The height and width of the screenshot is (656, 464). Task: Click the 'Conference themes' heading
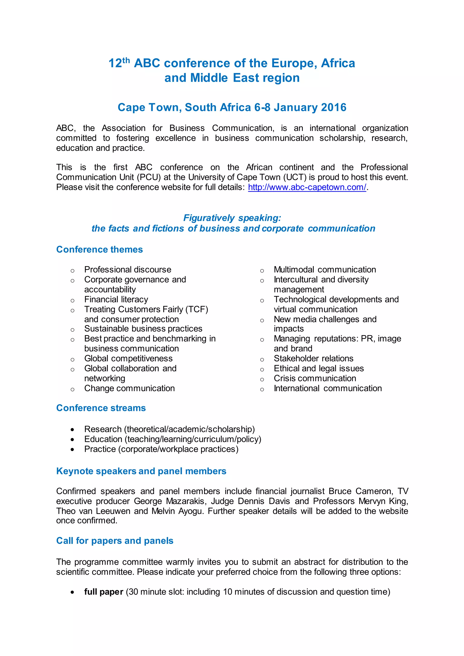point(99,249)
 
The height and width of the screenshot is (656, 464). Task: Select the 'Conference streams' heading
point(101,408)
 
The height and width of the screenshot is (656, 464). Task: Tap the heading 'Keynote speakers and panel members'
point(141,471)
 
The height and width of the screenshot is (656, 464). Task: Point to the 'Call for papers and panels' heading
point(115,540)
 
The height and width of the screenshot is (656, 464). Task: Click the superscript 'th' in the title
point(126,60)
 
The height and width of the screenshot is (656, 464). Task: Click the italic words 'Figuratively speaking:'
point(232,218)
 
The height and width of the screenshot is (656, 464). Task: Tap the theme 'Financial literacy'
point(116,299)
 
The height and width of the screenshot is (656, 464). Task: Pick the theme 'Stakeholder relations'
point(313,358)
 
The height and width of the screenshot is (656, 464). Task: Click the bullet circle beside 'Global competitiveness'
point(72,359)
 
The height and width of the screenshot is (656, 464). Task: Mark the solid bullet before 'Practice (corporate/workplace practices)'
point(72,449)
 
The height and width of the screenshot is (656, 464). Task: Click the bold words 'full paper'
point(104,592)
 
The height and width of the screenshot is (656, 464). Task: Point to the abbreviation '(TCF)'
point(197,309)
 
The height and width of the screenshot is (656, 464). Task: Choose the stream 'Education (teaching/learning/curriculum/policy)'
point(173,439)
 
